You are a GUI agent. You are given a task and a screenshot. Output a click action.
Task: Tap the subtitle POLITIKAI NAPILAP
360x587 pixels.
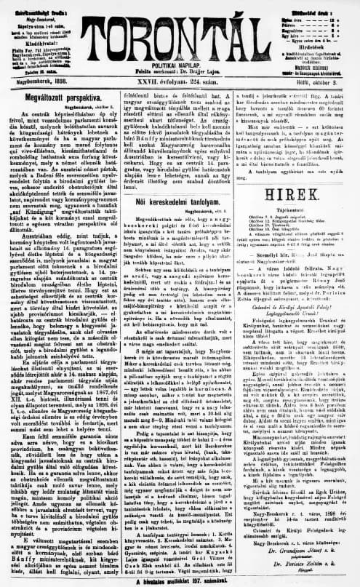180,53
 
